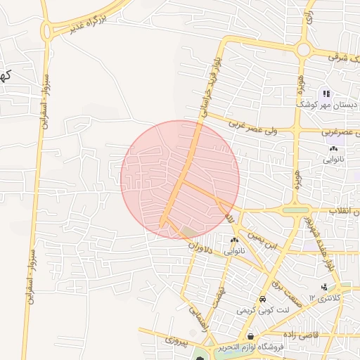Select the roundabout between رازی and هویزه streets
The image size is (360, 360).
pyautogui.click(x=304, y=50)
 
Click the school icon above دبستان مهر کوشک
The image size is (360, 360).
pyautogui.click(x=326, y=94)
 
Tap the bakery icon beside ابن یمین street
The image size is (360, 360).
pyautogui.click(x=233, y=240)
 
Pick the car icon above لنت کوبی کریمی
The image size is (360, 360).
pyautogui.click(x=262, y=298)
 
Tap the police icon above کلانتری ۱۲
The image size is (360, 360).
pyautogui.click(x=324, y=287)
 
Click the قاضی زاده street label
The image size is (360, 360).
pyautogui.click(x=302, y=335)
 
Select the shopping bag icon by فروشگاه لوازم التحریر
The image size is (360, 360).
pyautogui.click(x=251, y=337)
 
